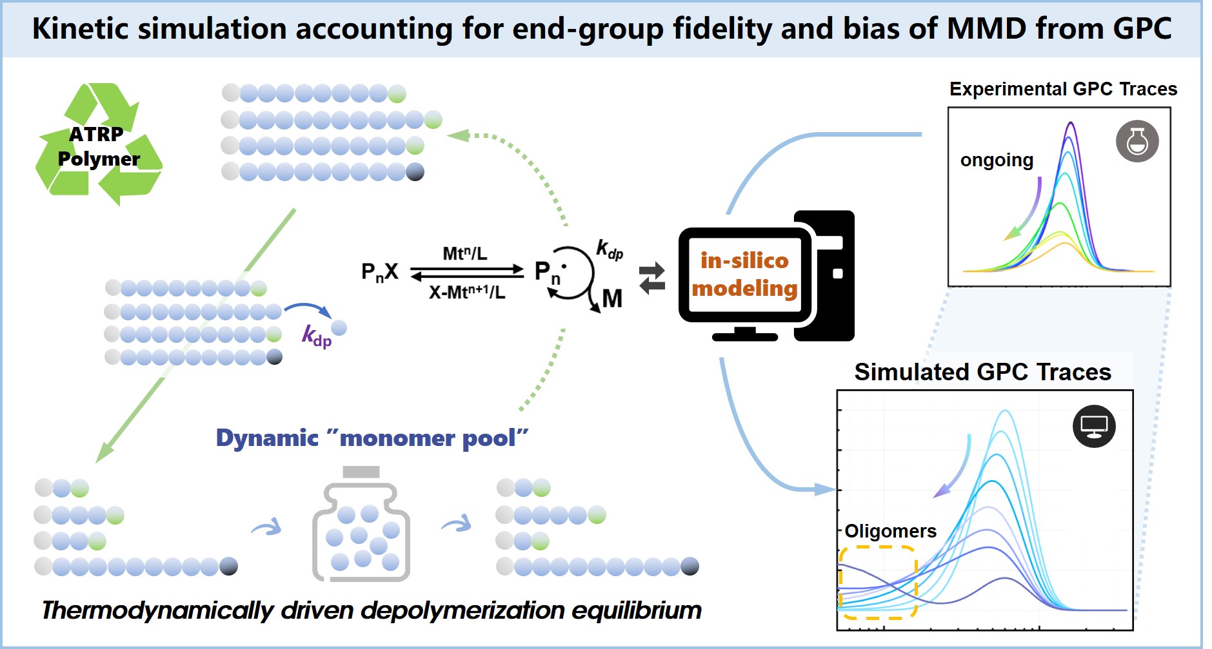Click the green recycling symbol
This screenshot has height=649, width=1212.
point(98,145)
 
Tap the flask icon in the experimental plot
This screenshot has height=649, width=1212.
point(1137,141)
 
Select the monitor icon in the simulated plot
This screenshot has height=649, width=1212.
point(1094,426)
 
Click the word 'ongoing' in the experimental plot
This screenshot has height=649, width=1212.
point(997,160)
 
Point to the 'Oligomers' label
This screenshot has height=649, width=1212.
point(890,531)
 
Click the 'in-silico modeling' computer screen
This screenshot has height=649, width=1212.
point(745,275)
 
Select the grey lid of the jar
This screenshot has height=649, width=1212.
point(361,472)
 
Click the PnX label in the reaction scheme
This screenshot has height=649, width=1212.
point(380,273)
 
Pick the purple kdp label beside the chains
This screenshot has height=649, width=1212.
point(317,336)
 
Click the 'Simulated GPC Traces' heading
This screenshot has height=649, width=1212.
point(982,373)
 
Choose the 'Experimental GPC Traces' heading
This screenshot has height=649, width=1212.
point(1063,89)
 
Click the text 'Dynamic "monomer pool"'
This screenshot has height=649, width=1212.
point(372,438)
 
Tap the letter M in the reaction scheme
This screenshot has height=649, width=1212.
point(612,298)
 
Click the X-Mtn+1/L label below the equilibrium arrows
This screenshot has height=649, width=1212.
point(467,293)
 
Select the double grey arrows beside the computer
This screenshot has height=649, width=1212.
point(652,278)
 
